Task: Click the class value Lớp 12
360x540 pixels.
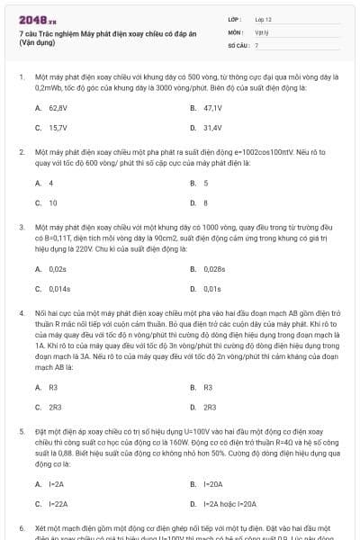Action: tap(263, 19)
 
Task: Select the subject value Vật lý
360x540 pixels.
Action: tap(262, 31)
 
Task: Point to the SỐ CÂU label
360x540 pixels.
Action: tap(237, 44)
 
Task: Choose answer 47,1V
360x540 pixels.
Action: tap(212, 108)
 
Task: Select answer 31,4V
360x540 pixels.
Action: tap(212, 127)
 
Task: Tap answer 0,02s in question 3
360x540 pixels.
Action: tap(58, 268)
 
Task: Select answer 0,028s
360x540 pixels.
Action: tap(214, 268)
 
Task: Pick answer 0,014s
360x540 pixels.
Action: tap(59, 288)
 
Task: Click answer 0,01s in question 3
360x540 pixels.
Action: tap(212, 288)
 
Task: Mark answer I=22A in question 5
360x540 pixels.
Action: tap(58, 503)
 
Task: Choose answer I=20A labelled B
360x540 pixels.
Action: tap(213, 484)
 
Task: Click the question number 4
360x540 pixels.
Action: tap(22, 311)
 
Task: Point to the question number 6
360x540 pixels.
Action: tap(22, 526)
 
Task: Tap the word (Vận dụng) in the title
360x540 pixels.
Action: tap(37, 42)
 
